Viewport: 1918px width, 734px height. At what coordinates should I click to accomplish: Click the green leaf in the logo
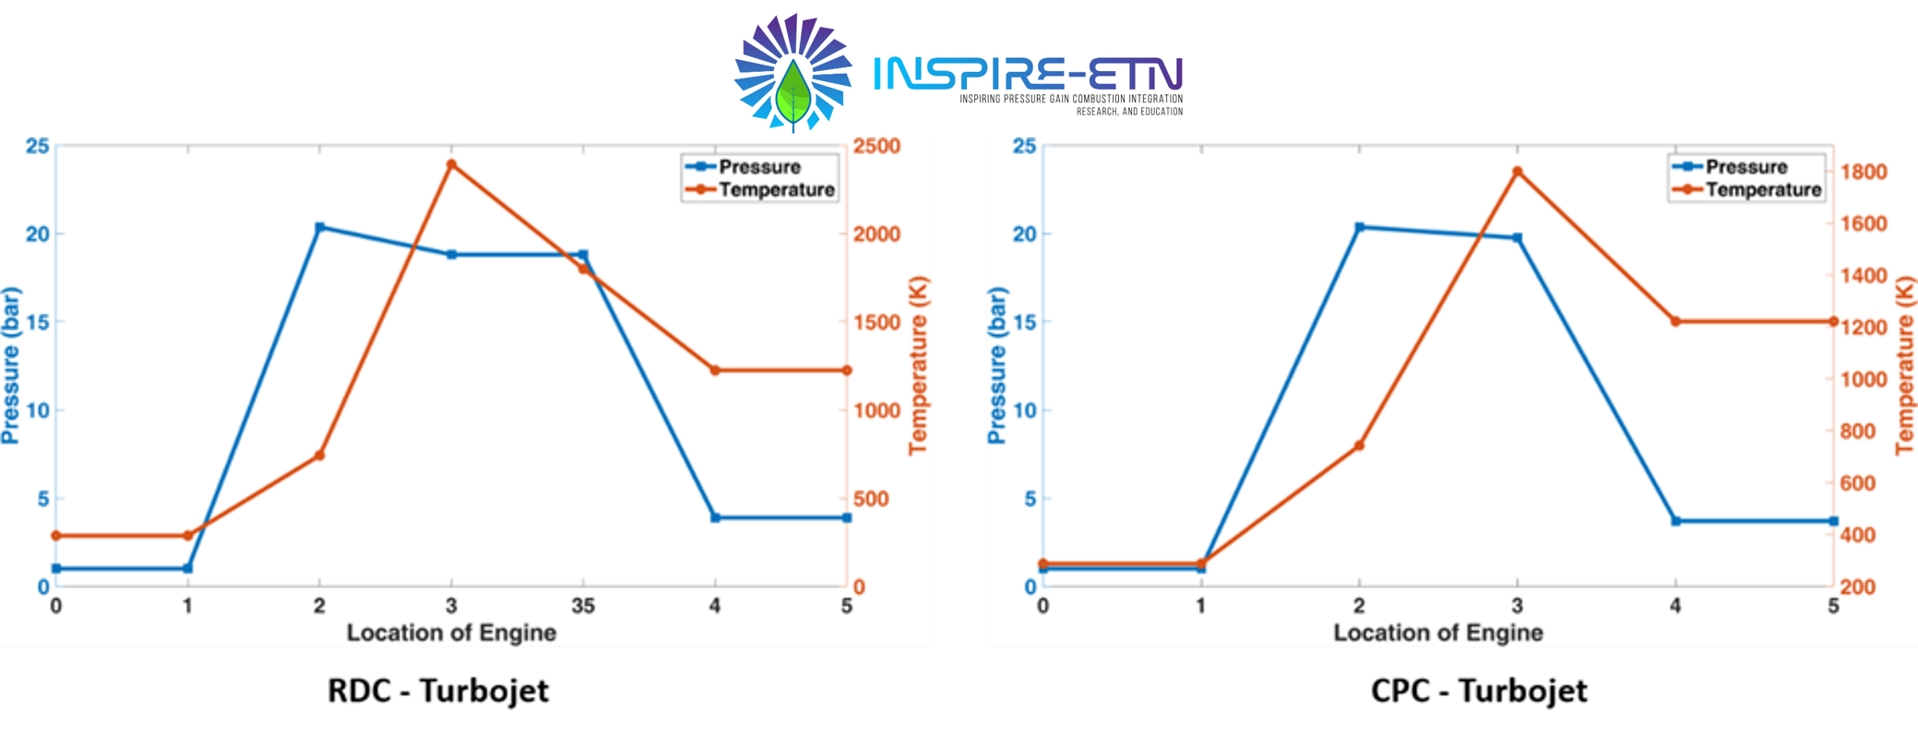[792, 93]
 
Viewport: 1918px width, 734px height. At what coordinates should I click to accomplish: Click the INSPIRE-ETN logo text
[1027, 74]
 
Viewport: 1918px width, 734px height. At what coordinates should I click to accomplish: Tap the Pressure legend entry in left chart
[759, 167]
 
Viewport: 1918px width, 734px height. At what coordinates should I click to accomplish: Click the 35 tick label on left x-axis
[583, 607]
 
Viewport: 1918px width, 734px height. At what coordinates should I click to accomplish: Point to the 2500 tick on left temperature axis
[876, 147]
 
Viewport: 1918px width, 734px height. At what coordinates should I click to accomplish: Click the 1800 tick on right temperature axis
[1864, 172]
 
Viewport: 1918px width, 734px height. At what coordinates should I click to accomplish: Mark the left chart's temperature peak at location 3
[451, 165]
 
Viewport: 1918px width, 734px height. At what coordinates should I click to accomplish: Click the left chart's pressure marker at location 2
[319, 227]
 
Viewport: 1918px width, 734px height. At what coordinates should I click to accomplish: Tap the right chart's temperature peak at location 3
[1517, 172]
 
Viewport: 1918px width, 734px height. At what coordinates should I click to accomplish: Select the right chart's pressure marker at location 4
[1675, 521]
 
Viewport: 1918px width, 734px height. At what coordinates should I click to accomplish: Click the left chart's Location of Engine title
[451, 633]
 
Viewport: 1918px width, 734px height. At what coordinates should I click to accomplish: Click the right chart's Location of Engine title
[1438, 633]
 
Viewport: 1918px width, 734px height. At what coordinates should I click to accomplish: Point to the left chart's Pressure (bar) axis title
[11, 366]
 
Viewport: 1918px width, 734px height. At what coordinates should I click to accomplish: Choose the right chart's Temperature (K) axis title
[1905, 366]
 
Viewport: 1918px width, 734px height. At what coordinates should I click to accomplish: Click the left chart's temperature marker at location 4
[715, 371]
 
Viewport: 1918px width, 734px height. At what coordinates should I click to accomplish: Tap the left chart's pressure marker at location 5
[846, 518]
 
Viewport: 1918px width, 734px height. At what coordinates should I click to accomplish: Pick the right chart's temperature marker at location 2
[1359, 445]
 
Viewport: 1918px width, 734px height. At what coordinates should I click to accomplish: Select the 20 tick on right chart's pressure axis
[1024, 234]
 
